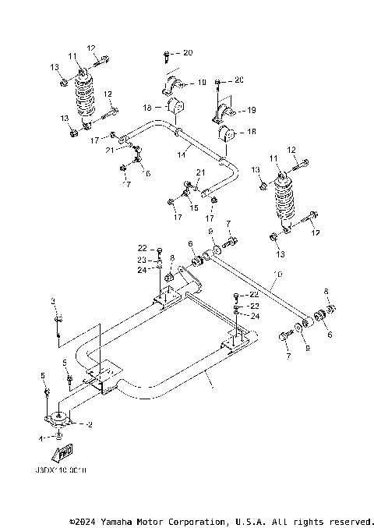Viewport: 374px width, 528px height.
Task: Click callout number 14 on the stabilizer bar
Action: (x=180, y=155)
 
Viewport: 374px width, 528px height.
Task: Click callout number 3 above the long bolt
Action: (x=54, y=300)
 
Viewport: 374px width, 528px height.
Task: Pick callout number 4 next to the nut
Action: (x=41, y=439)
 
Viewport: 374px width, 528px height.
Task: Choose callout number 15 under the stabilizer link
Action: (x=193, y=208)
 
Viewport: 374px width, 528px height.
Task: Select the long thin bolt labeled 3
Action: (x=58, y=328)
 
